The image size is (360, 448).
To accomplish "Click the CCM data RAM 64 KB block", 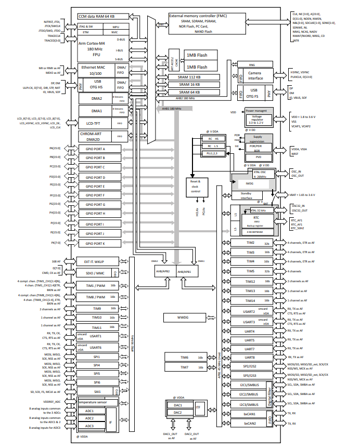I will (99, 16).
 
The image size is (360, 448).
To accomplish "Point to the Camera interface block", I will (258, 75).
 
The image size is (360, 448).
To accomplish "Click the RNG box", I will (252, 64).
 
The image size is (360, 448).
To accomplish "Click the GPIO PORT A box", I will (99, 149).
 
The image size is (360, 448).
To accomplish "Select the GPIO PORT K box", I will (99, 243).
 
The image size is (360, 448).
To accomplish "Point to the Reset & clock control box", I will (195, 187).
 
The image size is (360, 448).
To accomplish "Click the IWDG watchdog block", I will (249, 183).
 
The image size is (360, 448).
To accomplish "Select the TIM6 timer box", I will (185, 358).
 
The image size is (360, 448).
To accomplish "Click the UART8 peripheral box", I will (250, 358).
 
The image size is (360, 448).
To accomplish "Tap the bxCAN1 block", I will (250, 415).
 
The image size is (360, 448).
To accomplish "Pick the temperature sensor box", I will (99, 402).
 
